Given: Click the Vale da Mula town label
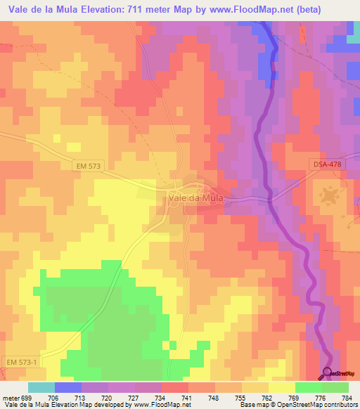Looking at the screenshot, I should (x=196, y=198).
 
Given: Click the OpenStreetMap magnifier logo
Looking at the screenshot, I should (x=328, y=375).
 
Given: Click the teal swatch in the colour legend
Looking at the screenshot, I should (x=41, y=387).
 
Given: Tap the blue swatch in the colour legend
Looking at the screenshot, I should (x=68, y=387).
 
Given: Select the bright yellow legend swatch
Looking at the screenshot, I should (x=282, y=387).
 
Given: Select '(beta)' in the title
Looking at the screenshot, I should (x=339, y=10).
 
